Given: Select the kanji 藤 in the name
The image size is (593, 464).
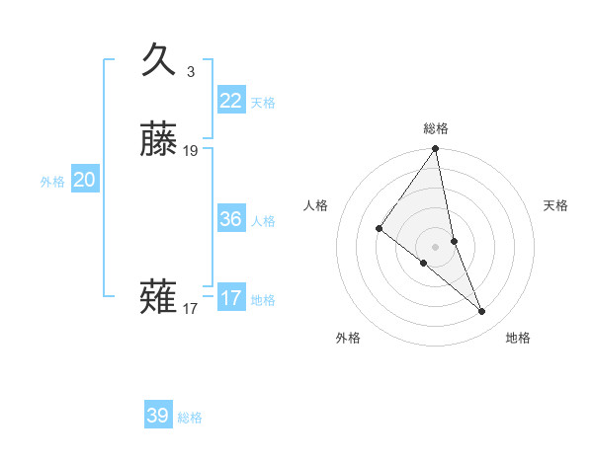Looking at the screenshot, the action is point(159,140).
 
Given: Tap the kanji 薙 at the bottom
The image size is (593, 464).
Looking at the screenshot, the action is point(159,297).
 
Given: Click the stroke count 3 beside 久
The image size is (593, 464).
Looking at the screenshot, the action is point(191,72).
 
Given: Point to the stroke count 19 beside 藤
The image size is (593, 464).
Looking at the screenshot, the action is point(191,151).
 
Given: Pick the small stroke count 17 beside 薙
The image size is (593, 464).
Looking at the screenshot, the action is point(191,309).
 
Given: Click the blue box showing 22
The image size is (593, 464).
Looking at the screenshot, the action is point(231,100).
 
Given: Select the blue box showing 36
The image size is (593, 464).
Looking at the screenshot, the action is point(231,219).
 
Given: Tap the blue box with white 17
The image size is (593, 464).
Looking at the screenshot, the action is point(231,298).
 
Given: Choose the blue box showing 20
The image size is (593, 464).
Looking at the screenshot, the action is point(85,180).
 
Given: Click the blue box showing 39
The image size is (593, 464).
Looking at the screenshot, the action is point(158,416).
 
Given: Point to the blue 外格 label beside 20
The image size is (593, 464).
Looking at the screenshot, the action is point(52,182).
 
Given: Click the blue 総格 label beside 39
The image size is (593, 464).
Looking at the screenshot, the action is point(190,419).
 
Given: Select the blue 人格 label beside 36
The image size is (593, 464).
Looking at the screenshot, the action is point(263,221).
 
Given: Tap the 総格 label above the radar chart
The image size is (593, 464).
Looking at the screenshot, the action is point(436,128).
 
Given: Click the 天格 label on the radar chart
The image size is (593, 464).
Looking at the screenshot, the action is point(556,205).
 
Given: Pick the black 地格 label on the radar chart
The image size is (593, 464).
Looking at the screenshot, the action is point(518,338).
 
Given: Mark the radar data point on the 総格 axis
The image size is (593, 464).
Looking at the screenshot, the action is point(436,149).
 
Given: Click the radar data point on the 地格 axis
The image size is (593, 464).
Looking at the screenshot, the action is point(482,311).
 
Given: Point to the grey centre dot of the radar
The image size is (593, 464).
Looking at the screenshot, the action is point(436,246).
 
